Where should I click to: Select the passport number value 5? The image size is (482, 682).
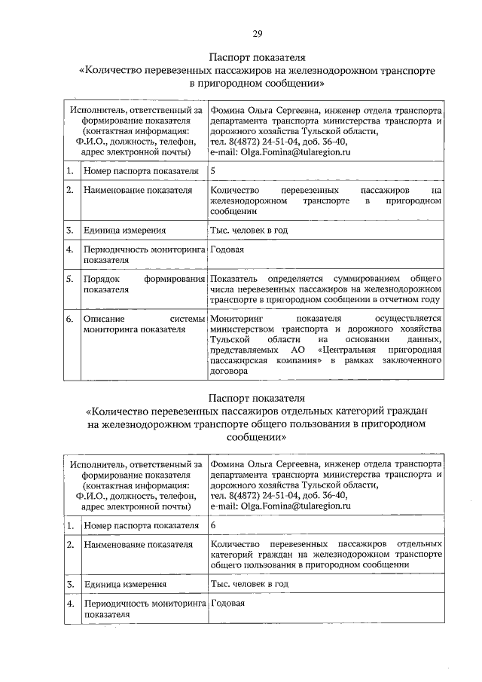(x=214, y=171)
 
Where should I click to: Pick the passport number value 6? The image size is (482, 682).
(x=214, y=524)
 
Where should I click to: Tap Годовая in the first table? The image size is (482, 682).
(x=227, y=249)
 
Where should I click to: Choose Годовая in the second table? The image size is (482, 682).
(x=227, y=603)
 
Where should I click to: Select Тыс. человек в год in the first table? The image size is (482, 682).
(x=249, y=230)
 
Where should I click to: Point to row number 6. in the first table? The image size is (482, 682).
(x=69, y=319)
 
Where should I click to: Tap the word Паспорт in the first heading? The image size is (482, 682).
(x=230, y=57)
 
